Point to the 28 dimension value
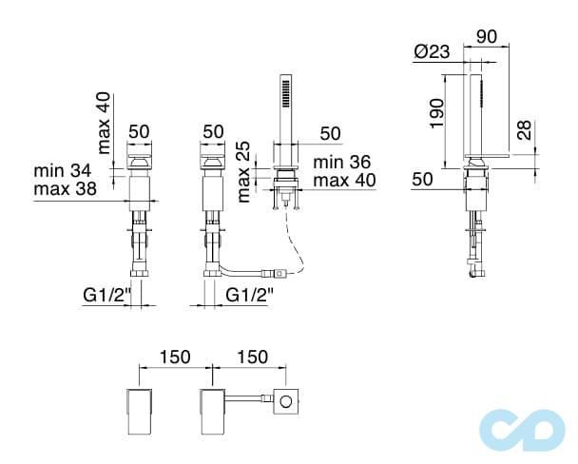pyautogui.click(x=525, y=131)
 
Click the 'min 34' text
pyautogui.click(x=63, y=171)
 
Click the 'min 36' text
pyautogui.click(x=344, y=163)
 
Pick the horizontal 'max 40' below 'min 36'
pyautogui.click(x=344, y=180)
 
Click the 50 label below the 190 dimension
pyautogui.click(x=423, y=178)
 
